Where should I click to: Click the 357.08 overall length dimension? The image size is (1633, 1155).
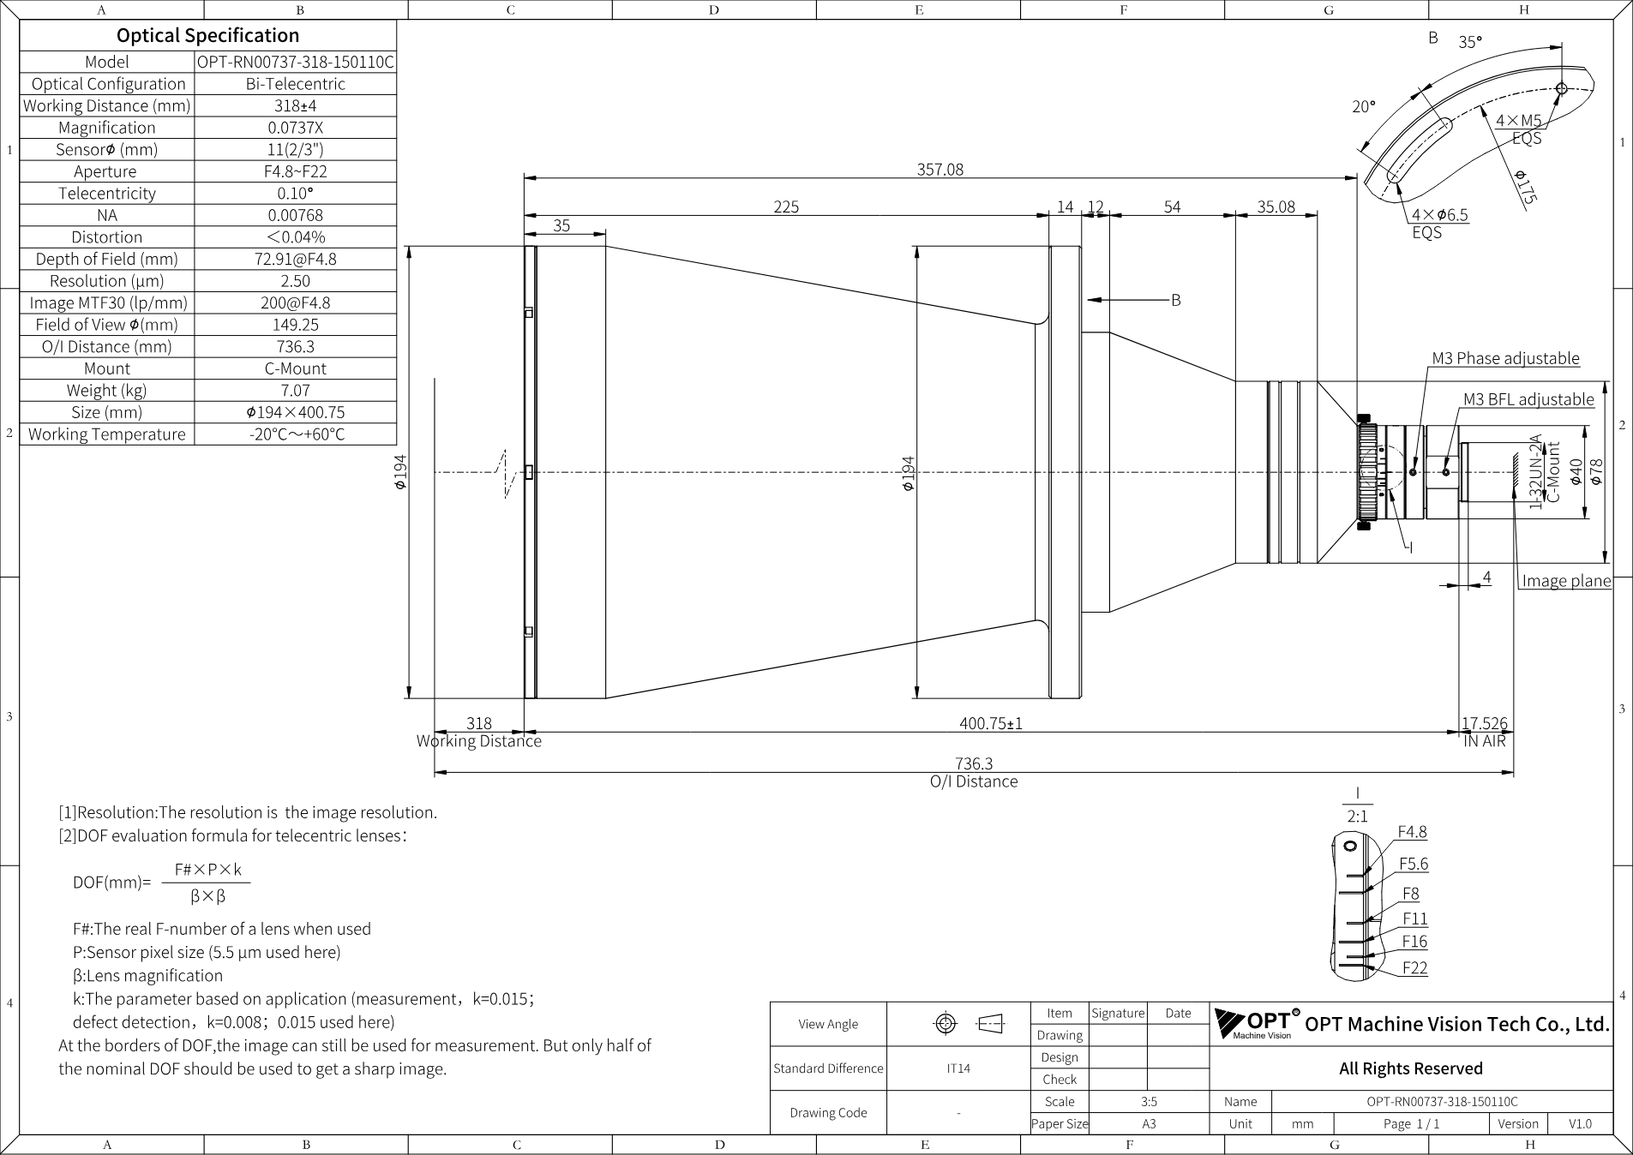940,170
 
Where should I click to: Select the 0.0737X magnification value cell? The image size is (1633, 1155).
296,128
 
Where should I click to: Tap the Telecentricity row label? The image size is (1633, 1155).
107,194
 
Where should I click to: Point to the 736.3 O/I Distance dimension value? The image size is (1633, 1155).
974,763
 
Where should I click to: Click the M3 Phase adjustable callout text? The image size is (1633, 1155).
1505,358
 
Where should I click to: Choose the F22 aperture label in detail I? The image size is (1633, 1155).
1414,968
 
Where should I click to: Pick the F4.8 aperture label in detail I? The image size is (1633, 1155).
1413,832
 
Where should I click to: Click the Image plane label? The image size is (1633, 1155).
1566,581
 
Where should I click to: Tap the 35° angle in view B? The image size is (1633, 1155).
1470,42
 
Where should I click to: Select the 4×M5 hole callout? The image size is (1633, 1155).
1518,121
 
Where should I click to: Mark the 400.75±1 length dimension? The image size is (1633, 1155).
991,723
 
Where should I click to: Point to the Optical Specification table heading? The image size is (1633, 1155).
208,35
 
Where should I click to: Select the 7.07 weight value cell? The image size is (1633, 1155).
296,391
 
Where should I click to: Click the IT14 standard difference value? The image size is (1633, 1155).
958,1068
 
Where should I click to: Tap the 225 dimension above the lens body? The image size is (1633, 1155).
786,206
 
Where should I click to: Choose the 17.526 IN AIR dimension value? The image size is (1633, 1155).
1485,723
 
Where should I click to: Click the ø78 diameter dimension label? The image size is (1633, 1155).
1595,472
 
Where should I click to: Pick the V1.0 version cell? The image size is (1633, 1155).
1580,1124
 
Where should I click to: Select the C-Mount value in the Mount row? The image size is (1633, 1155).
296,368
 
